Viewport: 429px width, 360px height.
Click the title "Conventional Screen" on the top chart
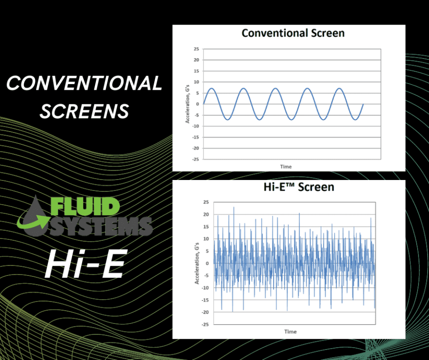pyautogui.click(x=293, y=33)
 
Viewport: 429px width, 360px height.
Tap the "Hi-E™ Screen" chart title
pyautogui.click(x=298, y=187)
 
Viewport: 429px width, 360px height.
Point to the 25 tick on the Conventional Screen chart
pyautogui.click(x=196, y=49)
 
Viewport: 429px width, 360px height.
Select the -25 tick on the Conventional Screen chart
pyautogui.click(x=195, y=159)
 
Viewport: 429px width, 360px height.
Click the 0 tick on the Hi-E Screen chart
pyautogui.click(x=207, y=263)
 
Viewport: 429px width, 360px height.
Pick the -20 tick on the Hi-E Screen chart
pyautogui.click(x=205, y=312)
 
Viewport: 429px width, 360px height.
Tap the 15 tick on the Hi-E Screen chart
pyautogui.click(x=205, y=227)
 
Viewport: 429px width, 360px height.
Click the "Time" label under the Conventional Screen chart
pyautogui.click(x=286, y=166)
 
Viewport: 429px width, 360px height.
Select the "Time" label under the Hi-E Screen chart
pyautogui.click(x=290, y=331)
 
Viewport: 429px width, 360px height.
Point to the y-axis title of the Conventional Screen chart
pyautogui.click(x=187, y=104)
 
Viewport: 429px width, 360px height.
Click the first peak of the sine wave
pyautogui.click(x=212, y=88)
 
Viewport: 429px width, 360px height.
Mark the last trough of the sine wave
pyautogui.click(x=355, y=120)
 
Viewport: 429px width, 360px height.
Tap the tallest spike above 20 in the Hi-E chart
pyautogui.click(x=233, y=207)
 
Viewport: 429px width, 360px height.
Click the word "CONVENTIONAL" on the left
pyautogui.click(x=84, y=84)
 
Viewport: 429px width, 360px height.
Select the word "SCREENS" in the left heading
pyautogui.click(x=84, y=111)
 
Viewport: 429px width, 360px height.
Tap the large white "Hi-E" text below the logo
pyautogui.click(x=84, y=264)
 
